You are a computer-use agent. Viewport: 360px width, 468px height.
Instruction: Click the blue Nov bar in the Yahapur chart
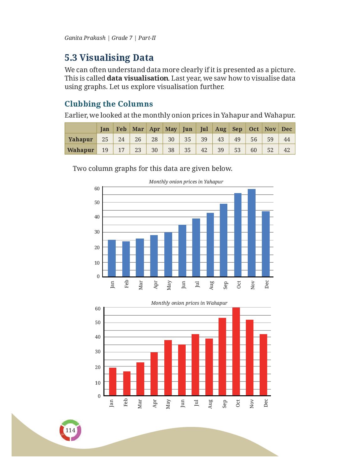tap(251, 233)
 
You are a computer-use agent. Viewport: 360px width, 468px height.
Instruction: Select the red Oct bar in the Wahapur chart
tap(236, 351)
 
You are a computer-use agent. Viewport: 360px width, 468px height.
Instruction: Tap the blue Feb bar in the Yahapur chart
tap(126, 259)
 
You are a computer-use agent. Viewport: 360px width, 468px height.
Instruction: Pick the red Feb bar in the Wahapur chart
tap(127, 383)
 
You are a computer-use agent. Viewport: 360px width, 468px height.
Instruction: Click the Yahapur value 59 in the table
tap(270, 139)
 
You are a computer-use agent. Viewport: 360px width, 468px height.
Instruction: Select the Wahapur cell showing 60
tap(254, 150)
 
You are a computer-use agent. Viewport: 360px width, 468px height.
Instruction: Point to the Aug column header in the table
tap(221, 129)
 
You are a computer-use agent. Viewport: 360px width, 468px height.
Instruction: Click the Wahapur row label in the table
tap(81, 150)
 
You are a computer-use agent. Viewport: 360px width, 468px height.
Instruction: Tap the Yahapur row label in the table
tap(81, 139)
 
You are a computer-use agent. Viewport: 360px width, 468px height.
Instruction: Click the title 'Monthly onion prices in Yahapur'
tap(186, 181)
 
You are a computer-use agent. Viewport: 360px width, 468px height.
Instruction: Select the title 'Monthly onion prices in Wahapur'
tap(189, 303)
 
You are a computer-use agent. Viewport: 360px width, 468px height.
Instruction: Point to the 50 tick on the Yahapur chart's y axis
tap(97, 202)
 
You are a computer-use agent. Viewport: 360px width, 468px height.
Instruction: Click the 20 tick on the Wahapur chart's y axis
tap(98, 367)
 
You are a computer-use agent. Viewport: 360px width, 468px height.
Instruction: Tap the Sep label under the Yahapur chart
tap(225, 285)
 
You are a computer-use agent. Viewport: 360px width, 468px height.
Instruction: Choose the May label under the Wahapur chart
tap(168, 404)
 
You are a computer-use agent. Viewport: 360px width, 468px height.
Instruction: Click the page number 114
tap(70, 430)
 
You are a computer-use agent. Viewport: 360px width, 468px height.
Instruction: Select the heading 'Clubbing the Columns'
tap(109, 104)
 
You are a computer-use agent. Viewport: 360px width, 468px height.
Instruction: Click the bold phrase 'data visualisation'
tap(137, 78)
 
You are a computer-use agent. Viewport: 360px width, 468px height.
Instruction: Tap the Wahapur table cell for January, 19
tap(105, 150)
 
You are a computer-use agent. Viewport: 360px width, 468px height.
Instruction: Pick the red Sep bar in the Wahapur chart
tap(222, 357)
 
